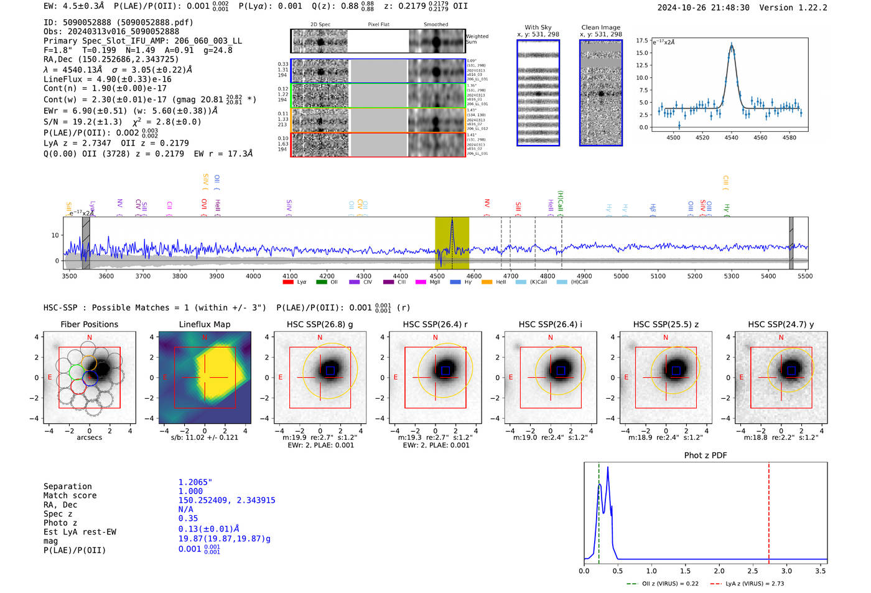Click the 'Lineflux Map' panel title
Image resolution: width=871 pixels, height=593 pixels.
click(204, 324)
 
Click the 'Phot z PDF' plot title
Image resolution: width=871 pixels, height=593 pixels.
click(705, 455)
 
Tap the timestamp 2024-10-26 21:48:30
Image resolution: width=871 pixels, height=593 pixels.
click(703, 7)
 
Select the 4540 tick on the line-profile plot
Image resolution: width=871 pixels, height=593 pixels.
click(731, 138)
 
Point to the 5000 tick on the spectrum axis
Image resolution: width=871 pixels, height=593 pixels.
click(621, 276)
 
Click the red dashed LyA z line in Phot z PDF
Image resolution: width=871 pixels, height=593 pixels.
click(768, 510)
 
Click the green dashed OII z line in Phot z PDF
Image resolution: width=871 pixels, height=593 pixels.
click(599, 510)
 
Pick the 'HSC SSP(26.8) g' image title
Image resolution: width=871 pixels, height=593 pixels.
click(319, 324)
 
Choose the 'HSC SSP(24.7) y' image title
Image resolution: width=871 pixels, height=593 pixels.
click(780, 324)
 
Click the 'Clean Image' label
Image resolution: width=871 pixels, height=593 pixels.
click(600, 27)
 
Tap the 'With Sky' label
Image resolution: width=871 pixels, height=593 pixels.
click(538, 27)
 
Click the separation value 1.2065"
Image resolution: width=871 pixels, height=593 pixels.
click(195, 482)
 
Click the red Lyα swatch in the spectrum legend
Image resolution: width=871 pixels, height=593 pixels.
click(288, 282)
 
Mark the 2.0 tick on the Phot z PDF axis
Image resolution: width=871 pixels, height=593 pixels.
click(719, 571)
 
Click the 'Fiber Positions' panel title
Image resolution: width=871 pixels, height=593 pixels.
click(89, 324)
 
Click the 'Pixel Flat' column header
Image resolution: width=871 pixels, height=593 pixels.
click(378, 24)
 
